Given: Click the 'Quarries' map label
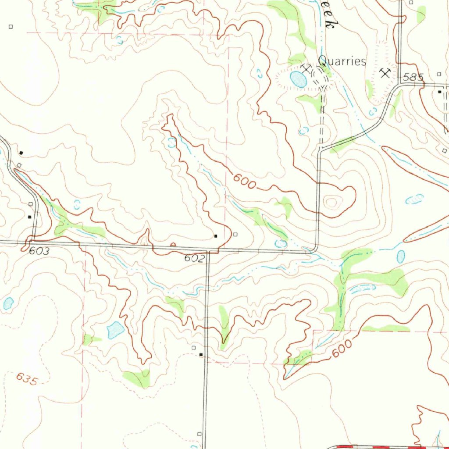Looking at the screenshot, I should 342,61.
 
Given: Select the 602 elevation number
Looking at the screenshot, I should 194,258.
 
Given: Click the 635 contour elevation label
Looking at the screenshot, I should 26,378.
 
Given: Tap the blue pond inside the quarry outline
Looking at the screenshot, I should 299,79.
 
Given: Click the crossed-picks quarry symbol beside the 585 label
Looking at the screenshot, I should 385,72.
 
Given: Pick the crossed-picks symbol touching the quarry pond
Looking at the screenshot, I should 306,69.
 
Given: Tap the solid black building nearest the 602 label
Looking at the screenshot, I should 215,236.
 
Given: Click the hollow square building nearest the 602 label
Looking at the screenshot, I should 235,234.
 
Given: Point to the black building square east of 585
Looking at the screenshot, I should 440,92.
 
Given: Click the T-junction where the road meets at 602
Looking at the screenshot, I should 208,252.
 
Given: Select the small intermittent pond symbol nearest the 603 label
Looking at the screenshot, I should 77,204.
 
